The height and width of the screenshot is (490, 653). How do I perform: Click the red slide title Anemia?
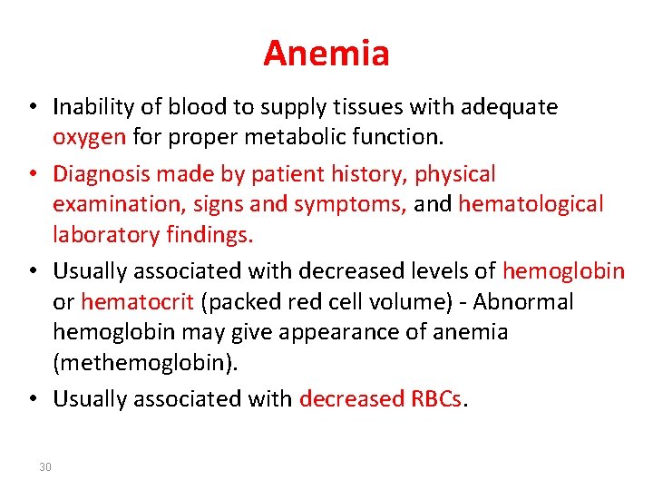pyautogui.click(x=326, y=54)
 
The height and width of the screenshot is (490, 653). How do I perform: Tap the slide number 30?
pyautogui.click(x=45, y=467)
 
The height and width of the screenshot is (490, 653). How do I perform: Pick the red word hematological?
pyautogui.click(x=531, y=205)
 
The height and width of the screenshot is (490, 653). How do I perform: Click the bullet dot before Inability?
pyautogui.click(x=32, y=108)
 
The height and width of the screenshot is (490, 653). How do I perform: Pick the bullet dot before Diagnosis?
pyautogui.click(x=32, y=174)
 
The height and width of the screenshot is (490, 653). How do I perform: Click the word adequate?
pyautogui.click(x=510, y=107)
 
